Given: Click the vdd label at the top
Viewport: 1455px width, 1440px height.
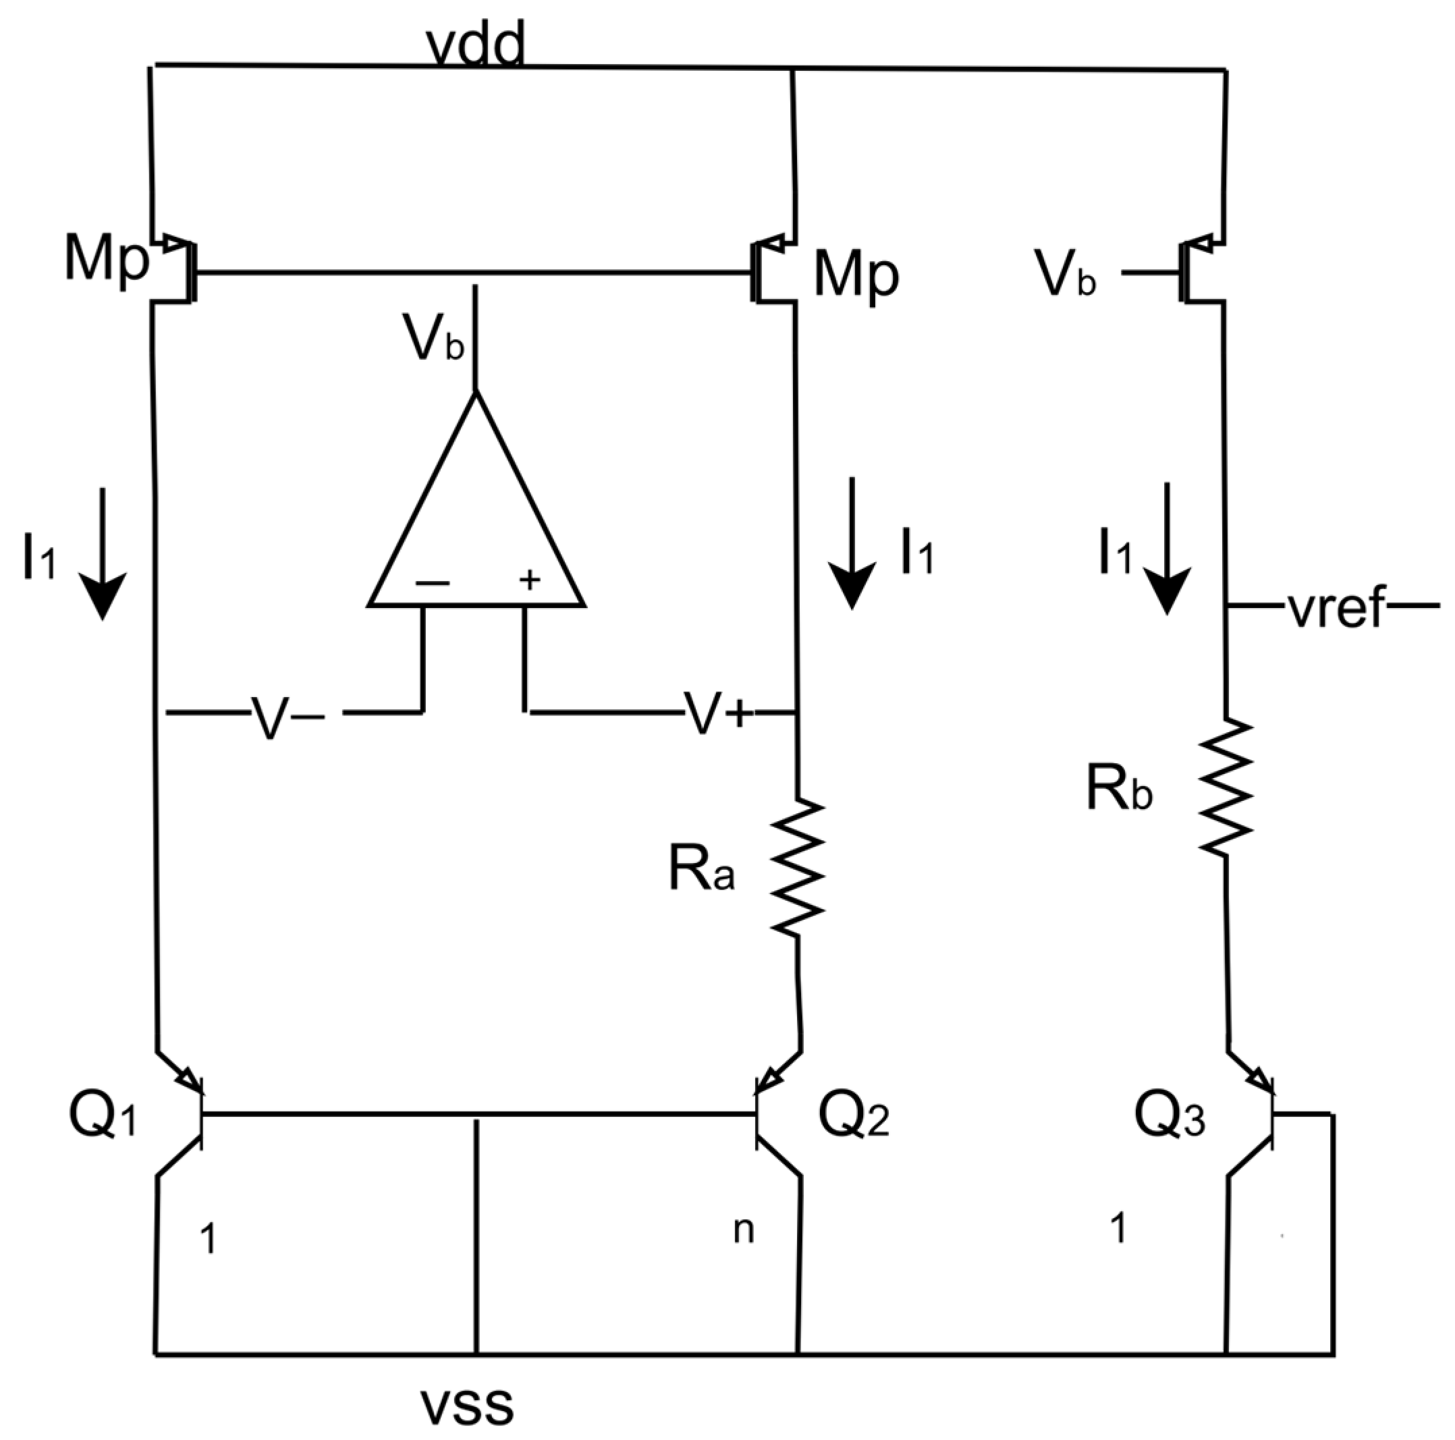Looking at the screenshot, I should (474, 47).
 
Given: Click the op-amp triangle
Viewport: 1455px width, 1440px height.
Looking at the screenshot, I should (476, 520).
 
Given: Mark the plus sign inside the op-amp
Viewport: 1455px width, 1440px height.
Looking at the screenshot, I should (530, 580).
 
